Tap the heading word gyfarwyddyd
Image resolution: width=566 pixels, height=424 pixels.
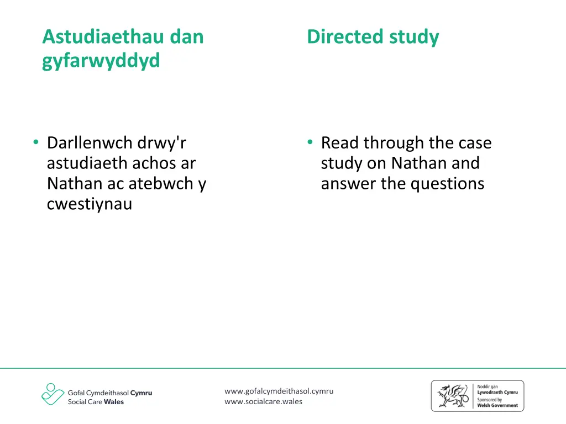[x=101, y=61]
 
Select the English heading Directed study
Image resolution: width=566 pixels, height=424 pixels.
[x=373, y=37]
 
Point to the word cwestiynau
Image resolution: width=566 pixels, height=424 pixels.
[x=90, y=204]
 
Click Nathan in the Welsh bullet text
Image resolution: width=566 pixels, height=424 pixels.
[x=74, y=184]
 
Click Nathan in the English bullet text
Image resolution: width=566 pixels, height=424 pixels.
[x=418, y=163]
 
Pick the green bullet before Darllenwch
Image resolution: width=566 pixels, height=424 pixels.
[x=35, y=143]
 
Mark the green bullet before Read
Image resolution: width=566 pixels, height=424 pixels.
[x=310, y=143]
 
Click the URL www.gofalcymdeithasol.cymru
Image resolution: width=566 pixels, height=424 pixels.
[x=279, y=391]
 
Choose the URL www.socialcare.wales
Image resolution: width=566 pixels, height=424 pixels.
[x=264, y=401]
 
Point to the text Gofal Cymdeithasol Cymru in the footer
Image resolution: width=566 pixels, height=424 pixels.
[x=110, y=393]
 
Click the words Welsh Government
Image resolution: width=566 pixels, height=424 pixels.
[x=497, y=405]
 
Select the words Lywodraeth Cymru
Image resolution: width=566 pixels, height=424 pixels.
[x=497, y=393]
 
